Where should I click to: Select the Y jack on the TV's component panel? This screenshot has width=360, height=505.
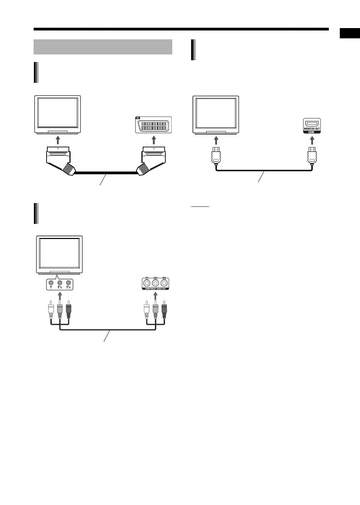coord(51,283)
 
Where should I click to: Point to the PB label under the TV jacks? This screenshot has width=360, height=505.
coord(60,288)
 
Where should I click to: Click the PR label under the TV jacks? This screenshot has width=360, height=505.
coord(69,288)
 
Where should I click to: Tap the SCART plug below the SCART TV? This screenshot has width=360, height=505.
coord(59,159)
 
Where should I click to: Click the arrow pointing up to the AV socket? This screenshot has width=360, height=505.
coord(154,140)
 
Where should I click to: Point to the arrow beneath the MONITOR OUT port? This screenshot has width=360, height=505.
coord(312,140)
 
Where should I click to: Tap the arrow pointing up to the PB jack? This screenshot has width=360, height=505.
coord(60,295)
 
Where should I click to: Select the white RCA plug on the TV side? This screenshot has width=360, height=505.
coord(51,310)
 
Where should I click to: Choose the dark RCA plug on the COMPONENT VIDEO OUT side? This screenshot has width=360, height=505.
coord(164,310)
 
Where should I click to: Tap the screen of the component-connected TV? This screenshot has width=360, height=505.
coord(60,253)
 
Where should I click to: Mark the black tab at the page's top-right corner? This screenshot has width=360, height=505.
coord(350,33)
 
